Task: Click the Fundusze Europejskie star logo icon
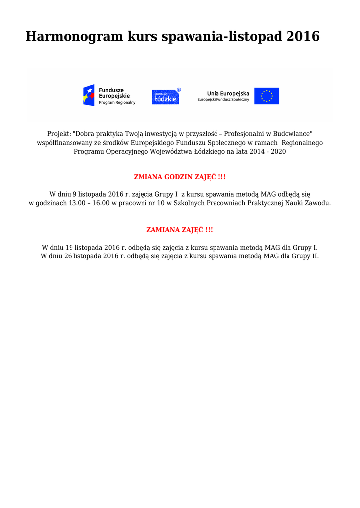pos(89,95)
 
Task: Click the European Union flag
pos(267,96)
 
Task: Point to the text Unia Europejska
pos(228,93)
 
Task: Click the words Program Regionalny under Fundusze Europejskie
pos(117,102)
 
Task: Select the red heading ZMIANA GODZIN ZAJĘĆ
pos(180,177)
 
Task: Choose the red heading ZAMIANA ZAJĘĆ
pos(180,230)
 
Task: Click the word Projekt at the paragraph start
pos(59,134)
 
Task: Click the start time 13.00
pos(77,203)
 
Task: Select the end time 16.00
pos(101,203)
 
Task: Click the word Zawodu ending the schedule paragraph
pos(319,203)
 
